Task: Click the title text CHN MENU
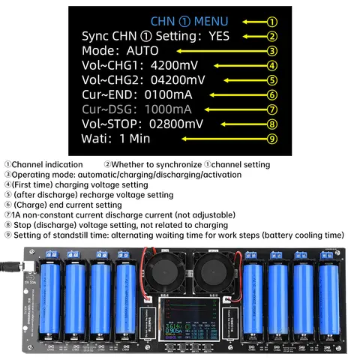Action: click(189, 22)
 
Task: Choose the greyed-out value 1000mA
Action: click(170, 109)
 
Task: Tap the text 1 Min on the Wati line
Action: click(135, 139)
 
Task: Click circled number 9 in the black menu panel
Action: click(273, 139)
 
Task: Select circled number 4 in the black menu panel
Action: click(273, 66)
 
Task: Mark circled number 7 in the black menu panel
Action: click(273, 109)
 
